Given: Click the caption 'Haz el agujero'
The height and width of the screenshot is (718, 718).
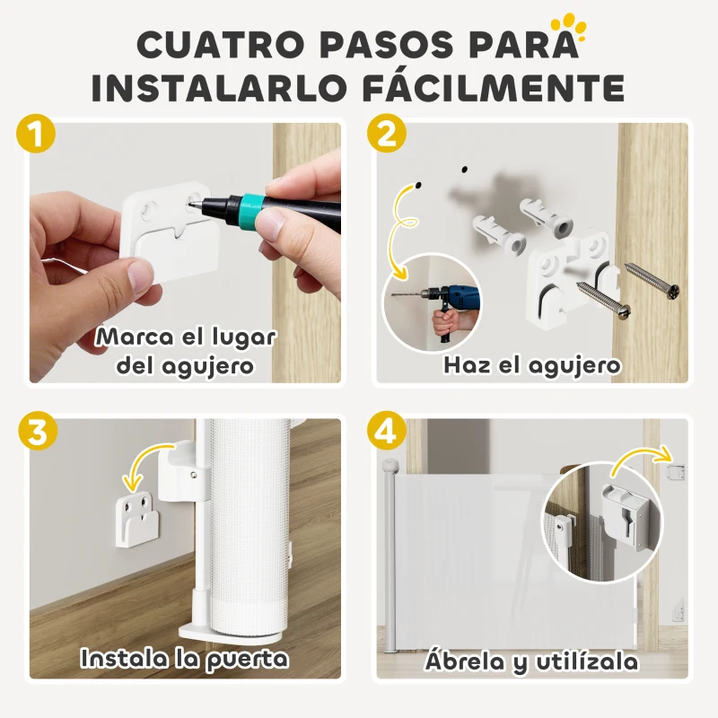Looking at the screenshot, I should tap(531, 365).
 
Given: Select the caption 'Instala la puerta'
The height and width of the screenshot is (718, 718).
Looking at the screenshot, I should tap(185, 658).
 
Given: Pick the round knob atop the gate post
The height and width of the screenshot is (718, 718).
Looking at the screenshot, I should tap(390, 467).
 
